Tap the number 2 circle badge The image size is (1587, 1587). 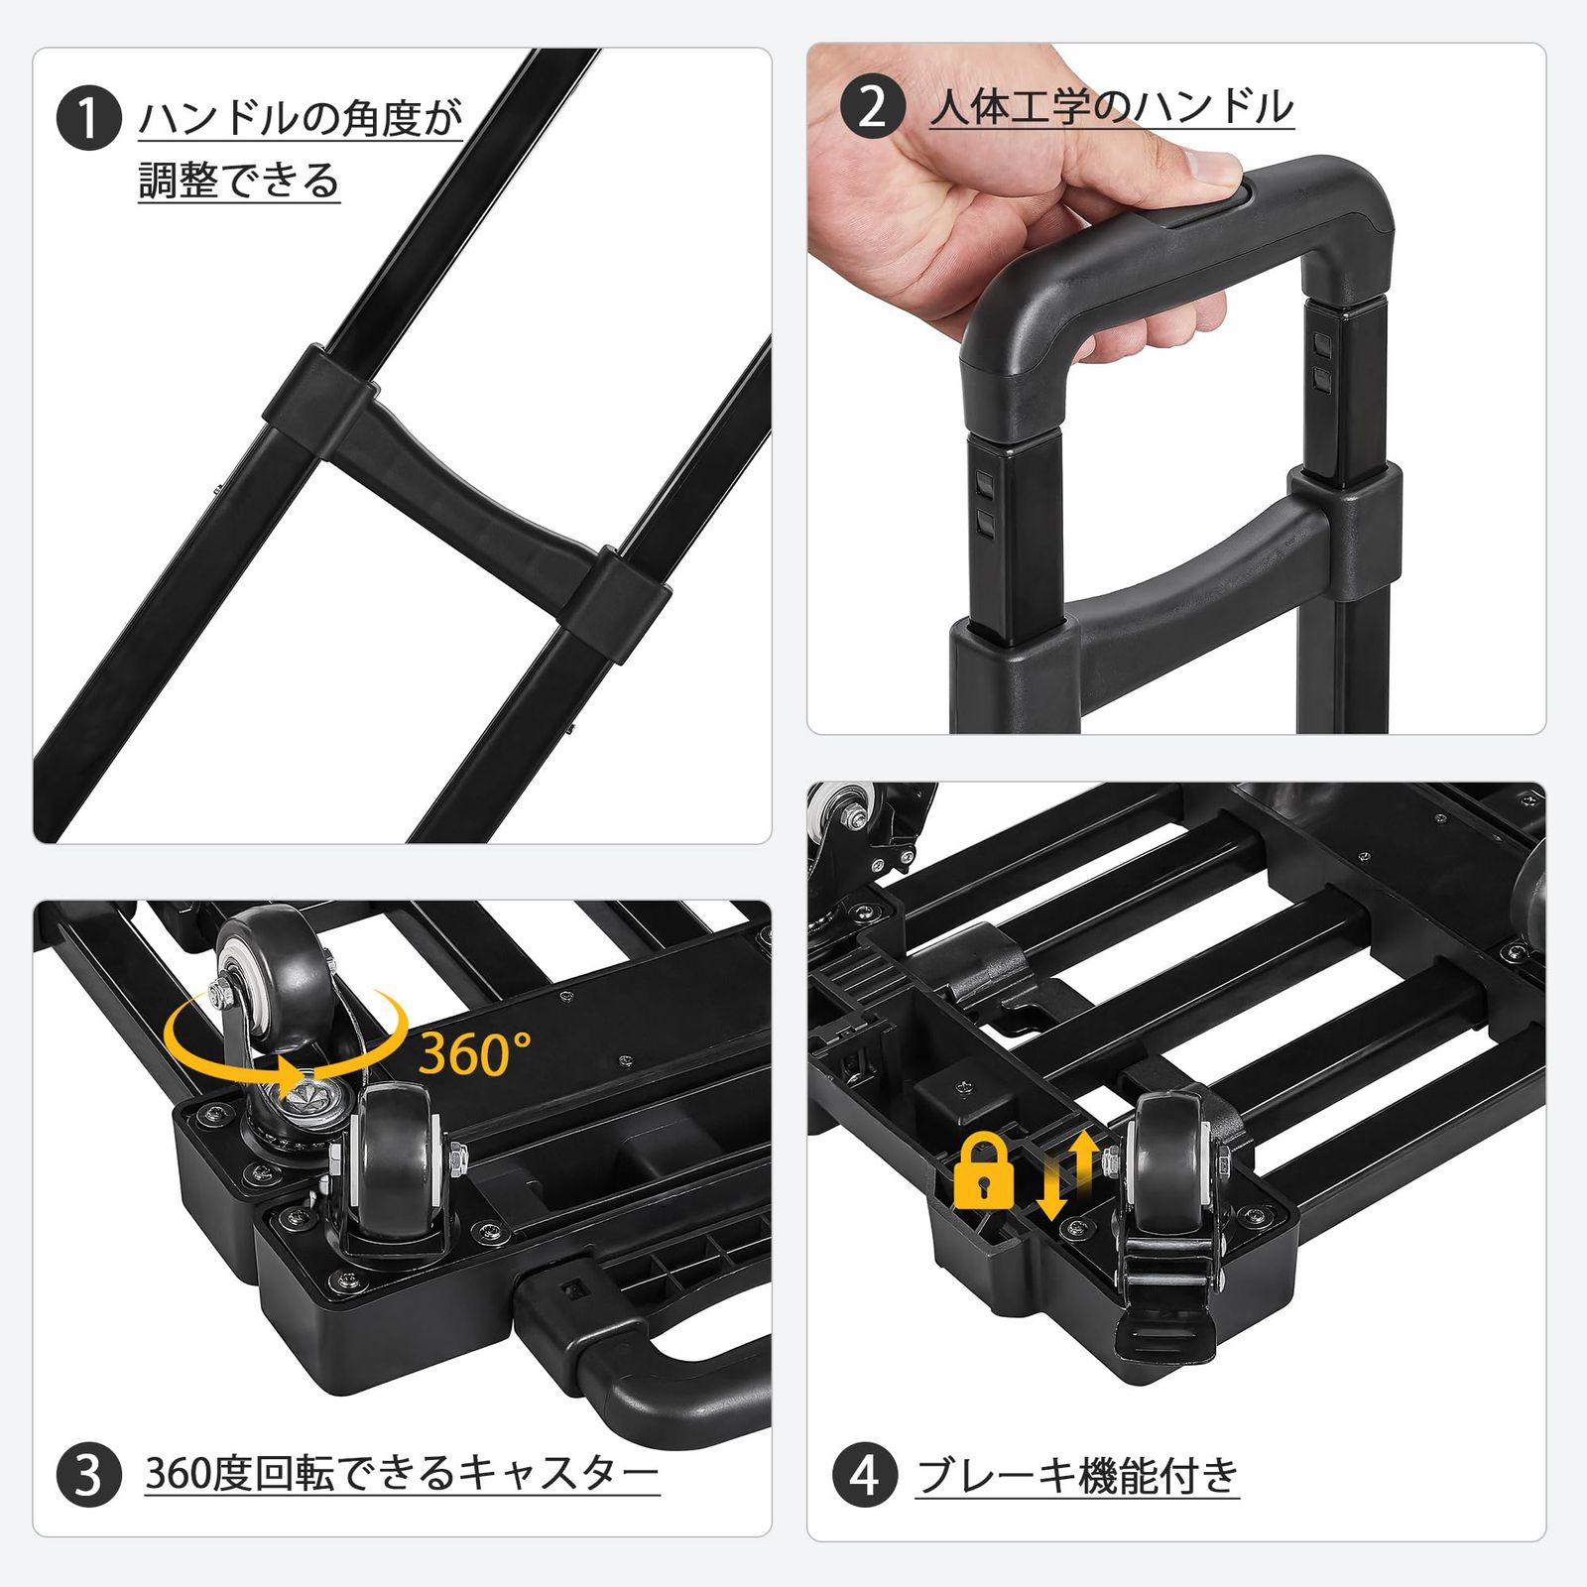point(873,107)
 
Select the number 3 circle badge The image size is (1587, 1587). point(88,1475)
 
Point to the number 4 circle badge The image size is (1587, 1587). point(865,1475)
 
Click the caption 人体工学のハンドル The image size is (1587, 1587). point(1112,107)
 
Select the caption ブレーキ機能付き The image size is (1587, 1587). point(1077,1475)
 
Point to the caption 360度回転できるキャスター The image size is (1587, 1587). point(402,1475)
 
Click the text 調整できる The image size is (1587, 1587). point(239,181)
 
